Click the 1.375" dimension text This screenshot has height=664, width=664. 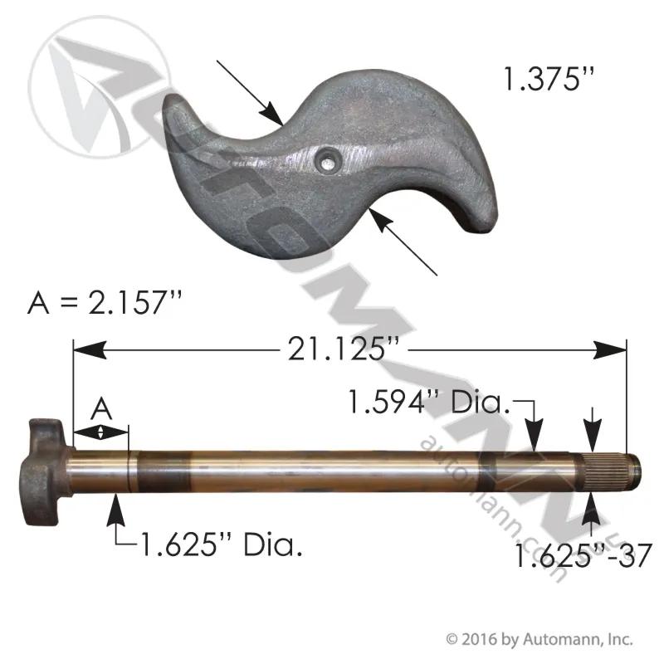pyautogui.click(x=549, y=79)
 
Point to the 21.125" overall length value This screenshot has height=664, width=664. pyautogui.click(x=344, y=349)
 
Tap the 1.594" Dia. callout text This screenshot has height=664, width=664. pyautogui.click(x=428, y=402)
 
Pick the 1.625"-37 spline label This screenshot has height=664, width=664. pyautogui.click(x=583, y=555)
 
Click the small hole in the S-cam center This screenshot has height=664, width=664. pyautogui.click(x=326, y=161)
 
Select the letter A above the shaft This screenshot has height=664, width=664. pyautogui.click(x=101, y=409)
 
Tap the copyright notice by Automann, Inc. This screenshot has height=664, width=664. pyautogui.click(x=539, y=639)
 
